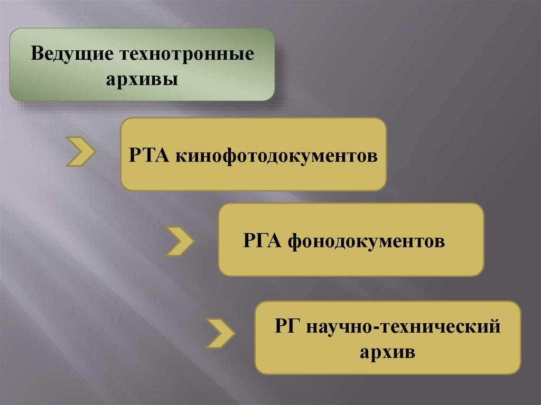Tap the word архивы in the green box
pyautogui.click(x=142, y=80)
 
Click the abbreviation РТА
pyautogui.click(x=148, y=156)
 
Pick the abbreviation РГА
pyautogui.click(x=263, y=241)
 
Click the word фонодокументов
pyautogui.click(x=367, y=242)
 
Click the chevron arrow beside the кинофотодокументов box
pyautogui.click(x=80, y=151)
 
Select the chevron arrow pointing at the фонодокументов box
pyautogui.click(x=180, y=241)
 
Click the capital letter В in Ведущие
pyautogui.click(x=36, y=55)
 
